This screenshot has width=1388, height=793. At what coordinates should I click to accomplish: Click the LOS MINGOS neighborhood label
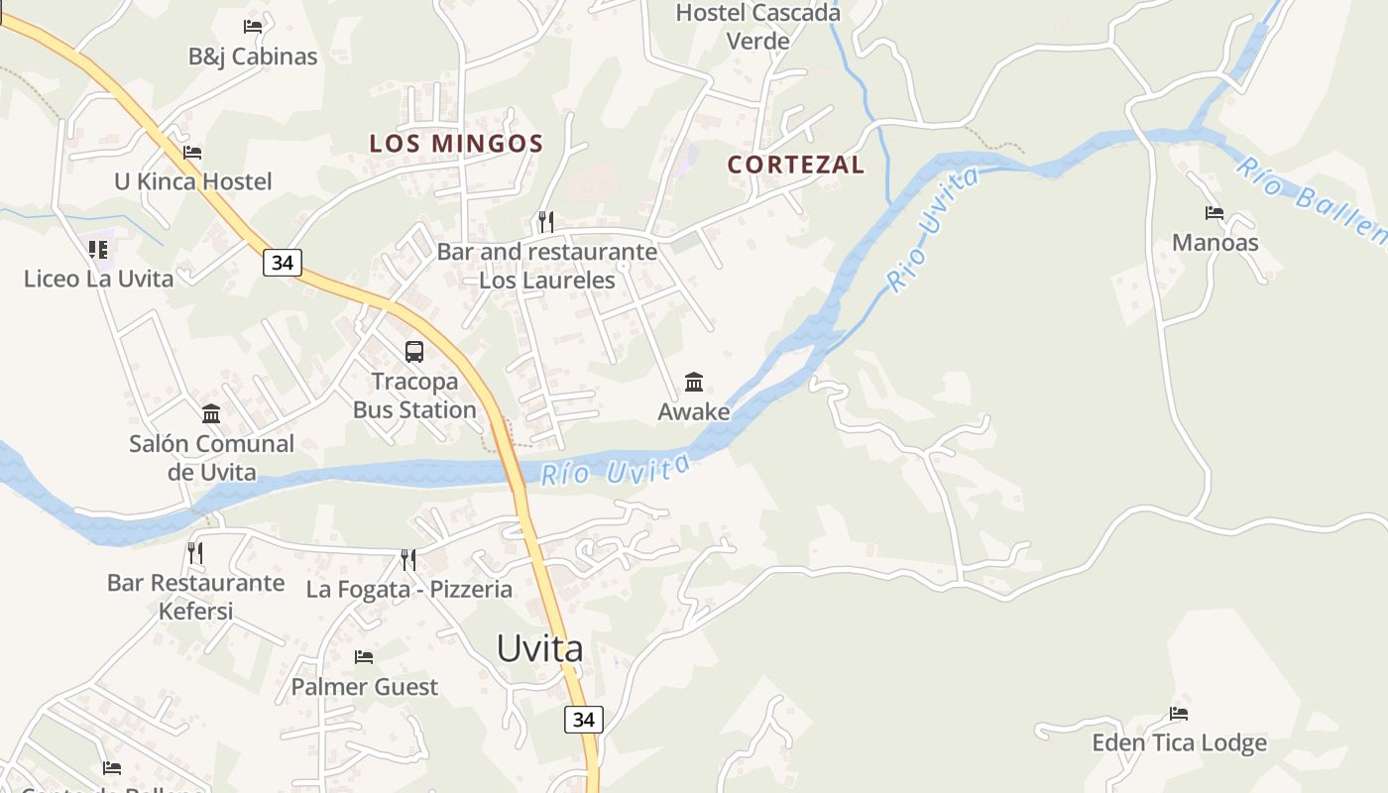(x=456, y=144)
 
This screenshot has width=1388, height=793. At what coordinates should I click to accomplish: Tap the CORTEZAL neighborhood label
(x=796, y=165)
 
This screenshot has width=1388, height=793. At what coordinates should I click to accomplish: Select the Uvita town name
(x=539, y=648)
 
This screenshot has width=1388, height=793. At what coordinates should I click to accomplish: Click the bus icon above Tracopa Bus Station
(x=414, y=351)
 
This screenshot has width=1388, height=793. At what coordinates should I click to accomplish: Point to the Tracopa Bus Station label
(x=414, y=396)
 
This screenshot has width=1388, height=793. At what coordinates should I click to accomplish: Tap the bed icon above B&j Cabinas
(x=253, y=27)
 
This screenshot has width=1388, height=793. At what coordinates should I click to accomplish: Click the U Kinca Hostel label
(x=193, y=181)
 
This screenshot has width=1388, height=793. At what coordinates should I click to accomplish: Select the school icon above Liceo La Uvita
(x=98, y=249)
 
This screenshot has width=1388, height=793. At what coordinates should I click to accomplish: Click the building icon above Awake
(x=694, y=382)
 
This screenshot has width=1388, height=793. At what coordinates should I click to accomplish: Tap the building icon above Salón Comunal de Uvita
(x=211, y=413)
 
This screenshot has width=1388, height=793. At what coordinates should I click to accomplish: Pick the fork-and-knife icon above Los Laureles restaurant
(x=545, y=221)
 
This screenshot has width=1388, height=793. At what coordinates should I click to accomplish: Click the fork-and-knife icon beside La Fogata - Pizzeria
(x=408, y=560)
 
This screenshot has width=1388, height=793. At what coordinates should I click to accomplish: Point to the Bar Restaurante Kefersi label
(x=196, y=596)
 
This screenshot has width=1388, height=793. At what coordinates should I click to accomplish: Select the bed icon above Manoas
(x=1214, y=212)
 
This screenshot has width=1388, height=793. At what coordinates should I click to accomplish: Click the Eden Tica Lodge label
(x=1179, y=743)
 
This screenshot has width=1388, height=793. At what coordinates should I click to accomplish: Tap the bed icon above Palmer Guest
(x=364, y=656)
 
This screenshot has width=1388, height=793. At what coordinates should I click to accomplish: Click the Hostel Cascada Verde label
(x=757, y=27)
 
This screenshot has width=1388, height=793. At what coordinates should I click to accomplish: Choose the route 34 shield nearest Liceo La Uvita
(x=283, y=263)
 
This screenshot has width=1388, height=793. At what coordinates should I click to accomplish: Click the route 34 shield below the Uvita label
(x=584, y=720)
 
